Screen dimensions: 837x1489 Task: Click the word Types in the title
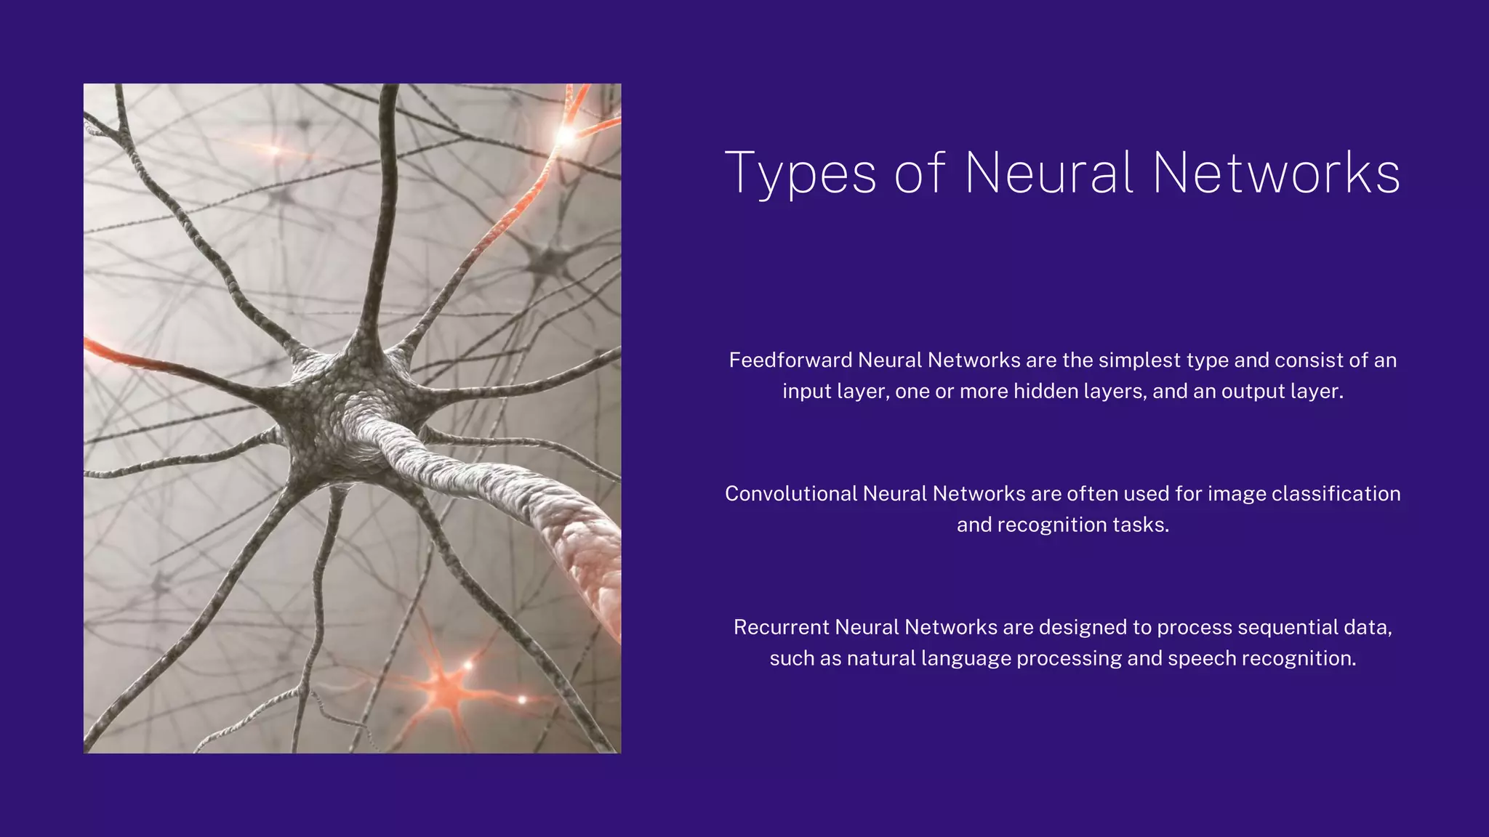click(x=800, y=174)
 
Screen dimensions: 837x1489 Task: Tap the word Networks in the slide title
click(x=1277, y=174)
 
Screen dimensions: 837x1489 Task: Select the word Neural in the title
click(x=1049, y=174)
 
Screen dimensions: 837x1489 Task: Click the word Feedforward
click(x=790, y=360)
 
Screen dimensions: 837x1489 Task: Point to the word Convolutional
click(x=791, y=494)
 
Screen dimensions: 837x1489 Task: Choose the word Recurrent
click(x=782, y=628)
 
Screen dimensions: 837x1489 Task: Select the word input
click(x=806, y=392)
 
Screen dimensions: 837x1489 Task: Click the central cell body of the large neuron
click(x=342, y=407)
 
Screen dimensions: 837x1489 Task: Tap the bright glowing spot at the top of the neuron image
click(x=566, y=135)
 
